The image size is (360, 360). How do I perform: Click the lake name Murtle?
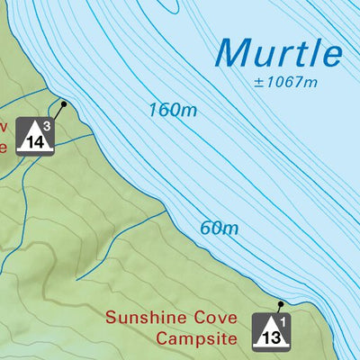280,53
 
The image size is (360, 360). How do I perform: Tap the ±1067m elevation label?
287,84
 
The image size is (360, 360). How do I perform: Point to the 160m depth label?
172,111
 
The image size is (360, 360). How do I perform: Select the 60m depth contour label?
219,228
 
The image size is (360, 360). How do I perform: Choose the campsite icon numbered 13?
273,330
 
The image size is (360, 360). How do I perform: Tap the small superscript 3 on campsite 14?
48,125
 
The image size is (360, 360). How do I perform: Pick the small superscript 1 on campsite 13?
284,319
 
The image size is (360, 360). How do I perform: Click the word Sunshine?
142,318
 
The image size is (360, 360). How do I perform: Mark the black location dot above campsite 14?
65,103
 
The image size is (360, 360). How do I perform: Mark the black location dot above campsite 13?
281,303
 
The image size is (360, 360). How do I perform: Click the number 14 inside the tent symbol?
35,141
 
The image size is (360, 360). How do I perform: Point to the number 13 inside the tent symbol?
271,336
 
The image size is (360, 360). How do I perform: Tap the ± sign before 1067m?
257,84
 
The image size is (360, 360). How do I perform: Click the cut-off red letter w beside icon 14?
4,125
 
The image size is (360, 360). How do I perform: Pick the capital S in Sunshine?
111,318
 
